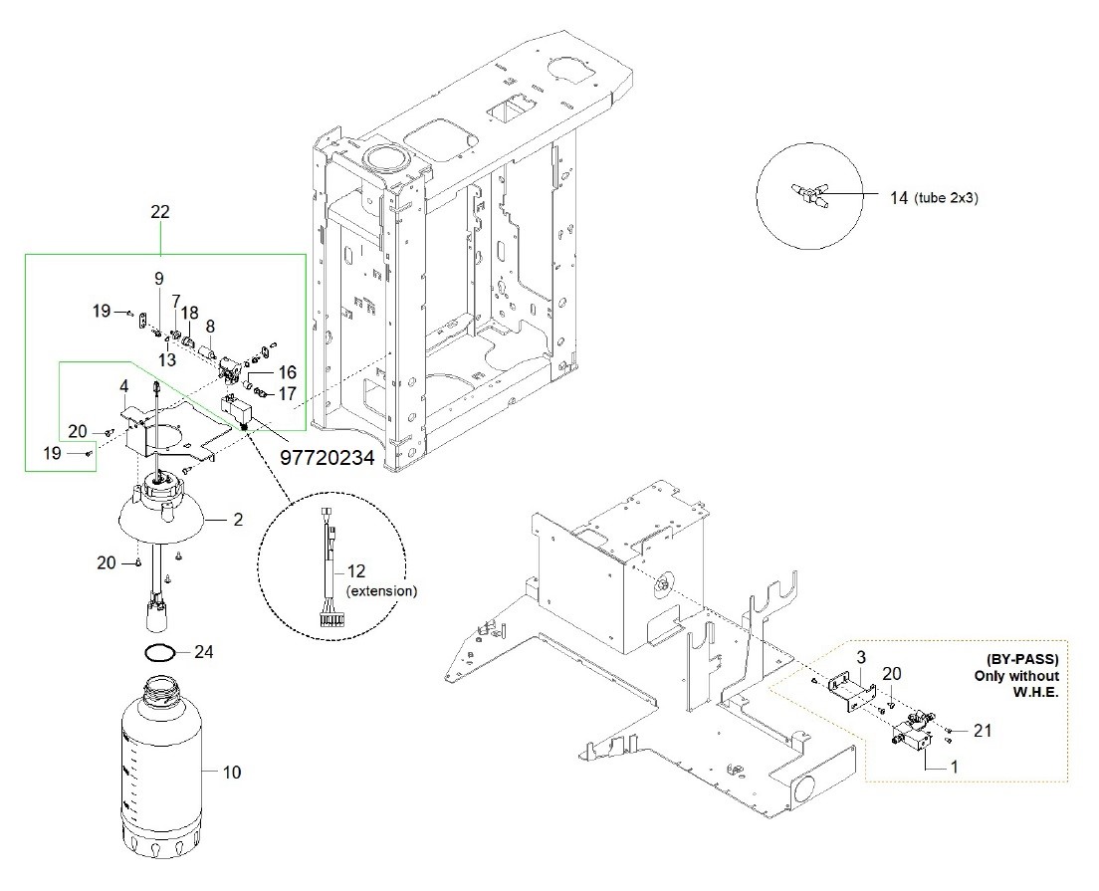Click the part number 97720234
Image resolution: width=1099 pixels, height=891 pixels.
(327, 457)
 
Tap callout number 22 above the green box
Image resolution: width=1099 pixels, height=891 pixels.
(160, 212)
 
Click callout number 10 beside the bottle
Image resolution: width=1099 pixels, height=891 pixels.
(231, 772)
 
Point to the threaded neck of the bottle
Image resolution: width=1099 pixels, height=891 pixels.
(163, 688)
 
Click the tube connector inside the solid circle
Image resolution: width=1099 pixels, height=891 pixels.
(810, 194)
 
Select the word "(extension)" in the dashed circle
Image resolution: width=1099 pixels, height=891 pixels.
(382, 591)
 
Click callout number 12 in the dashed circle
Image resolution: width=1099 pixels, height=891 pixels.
(356, 571)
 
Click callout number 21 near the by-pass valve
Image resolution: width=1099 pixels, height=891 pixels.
(983, 731)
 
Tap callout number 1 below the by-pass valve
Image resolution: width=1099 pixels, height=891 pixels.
(954, 767)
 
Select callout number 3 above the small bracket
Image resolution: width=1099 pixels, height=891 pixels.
(861, 657)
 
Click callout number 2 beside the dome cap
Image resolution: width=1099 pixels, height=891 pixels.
(238, 520)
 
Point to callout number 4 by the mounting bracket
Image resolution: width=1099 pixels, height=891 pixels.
(124, 386)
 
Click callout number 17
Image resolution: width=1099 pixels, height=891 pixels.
(288, 393)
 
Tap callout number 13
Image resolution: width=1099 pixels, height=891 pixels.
(167, 360)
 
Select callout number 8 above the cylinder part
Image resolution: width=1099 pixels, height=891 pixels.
(210, 326)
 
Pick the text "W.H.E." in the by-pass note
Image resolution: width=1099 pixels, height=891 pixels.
(1035, 691)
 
